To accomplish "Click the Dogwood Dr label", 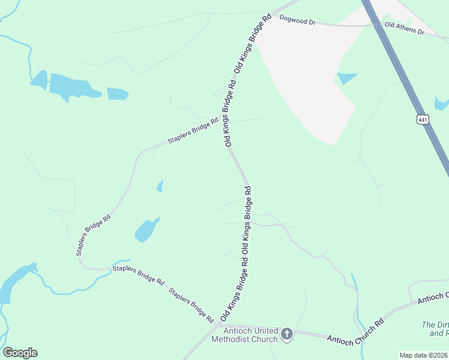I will pos(298,21).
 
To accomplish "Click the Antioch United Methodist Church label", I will pos(243,335).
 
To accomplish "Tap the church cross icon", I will pos(287,334).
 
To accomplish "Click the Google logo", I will pos(20,352).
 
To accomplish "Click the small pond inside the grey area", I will pos(346,78).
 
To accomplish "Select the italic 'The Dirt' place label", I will pos(435,328).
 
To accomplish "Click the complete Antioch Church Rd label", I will pos(355,331).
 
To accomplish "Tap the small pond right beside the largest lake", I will pos(118,94).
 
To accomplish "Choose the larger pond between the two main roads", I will pos(146,229).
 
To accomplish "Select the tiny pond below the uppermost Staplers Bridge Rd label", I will pos(160,187).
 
